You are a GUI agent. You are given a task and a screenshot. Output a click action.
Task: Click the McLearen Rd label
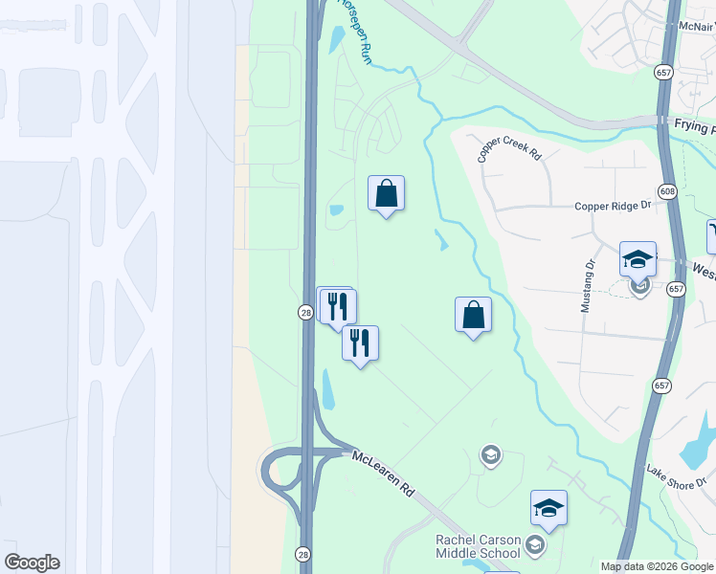click(384, 473)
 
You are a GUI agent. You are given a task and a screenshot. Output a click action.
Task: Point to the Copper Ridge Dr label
click(613, 206)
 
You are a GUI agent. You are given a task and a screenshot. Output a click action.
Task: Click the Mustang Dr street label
click(588, 286)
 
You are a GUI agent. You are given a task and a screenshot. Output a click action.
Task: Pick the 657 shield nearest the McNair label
click(661, 72)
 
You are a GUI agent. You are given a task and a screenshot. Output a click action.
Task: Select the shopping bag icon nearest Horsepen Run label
click(386, 193)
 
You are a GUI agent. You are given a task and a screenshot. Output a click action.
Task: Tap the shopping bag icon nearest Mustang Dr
click(474, 315)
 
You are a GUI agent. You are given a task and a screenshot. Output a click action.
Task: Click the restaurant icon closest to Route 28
click(336, 305)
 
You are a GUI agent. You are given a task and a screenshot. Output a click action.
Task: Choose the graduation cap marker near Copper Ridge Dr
click(638, 259)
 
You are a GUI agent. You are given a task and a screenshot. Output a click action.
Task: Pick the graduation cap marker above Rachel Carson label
click(549, 508)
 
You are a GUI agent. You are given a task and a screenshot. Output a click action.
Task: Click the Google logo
click(32, 563)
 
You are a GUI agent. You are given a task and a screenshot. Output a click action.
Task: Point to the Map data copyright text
click(658, 566)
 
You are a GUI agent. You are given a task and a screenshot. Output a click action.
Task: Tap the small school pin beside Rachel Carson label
click(534, 546)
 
